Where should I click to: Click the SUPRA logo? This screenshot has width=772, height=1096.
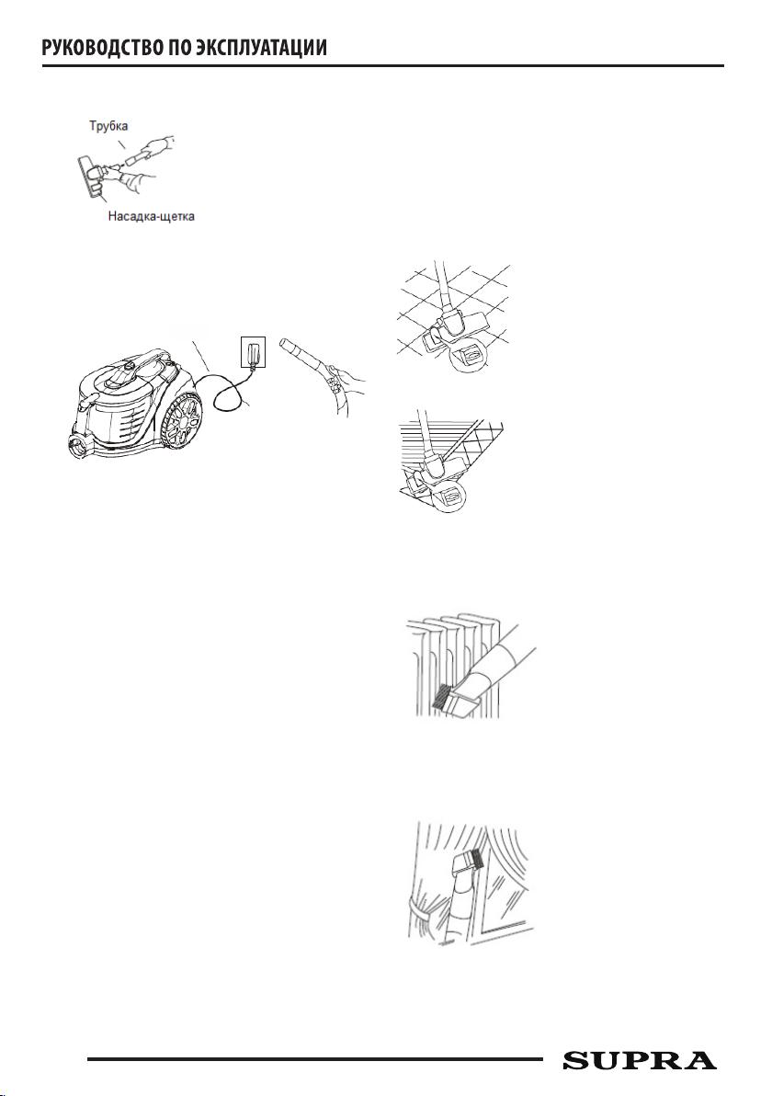tap(640, 1060)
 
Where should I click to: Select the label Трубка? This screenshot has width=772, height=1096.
tap(108, 127)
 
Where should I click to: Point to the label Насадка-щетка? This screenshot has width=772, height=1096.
tap(151, 217)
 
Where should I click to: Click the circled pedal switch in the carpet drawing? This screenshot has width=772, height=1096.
tap(451, 497)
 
